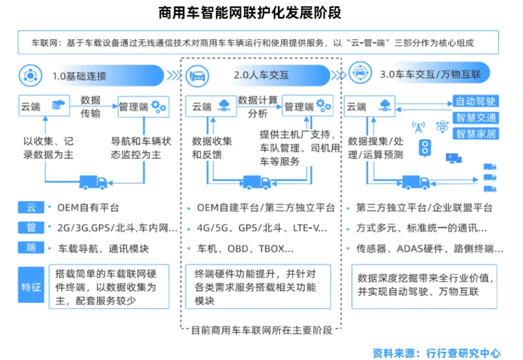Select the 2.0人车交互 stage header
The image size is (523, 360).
tap(261, 75)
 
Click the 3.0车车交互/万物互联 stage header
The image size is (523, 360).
tap(430, 75)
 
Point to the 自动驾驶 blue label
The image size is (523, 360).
tap(476, 101)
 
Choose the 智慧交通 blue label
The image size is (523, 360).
tap(476, 117)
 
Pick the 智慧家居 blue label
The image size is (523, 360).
tap(476, 134)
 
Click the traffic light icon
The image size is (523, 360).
tap(424, 149)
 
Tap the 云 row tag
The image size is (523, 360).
tap(31, 207)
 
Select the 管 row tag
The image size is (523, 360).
tap(31, 227)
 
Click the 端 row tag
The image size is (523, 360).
tap(31, 248)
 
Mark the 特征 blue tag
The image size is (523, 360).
tap(31, 287)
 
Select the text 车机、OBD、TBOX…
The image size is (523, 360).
tap(246, 249)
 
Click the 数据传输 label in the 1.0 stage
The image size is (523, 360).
tap(91, 107)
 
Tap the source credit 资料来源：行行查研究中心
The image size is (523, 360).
tap(436, 353)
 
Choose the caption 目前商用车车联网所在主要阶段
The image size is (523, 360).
tap(261, 330)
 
